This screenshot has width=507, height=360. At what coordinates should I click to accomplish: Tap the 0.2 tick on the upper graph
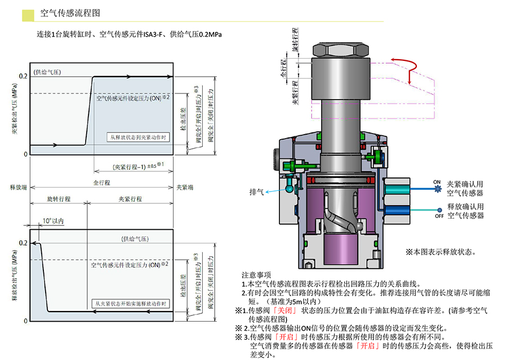tap(23, 76)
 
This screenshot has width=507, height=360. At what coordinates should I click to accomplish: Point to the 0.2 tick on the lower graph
tap(23, 243)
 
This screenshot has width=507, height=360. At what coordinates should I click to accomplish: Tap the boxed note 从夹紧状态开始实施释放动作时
tap(131, 303)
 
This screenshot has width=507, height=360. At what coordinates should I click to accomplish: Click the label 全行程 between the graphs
tap(101, 183)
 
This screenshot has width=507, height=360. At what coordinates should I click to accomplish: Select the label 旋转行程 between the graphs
tap(58, 199)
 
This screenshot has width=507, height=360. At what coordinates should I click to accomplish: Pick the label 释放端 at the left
tap(19, 186)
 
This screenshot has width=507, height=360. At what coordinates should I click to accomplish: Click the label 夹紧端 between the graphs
tap(184, 186)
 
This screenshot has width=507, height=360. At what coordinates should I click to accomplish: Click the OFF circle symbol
tap(438, 210)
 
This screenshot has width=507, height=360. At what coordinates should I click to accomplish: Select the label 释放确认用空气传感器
tap(465, 211)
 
